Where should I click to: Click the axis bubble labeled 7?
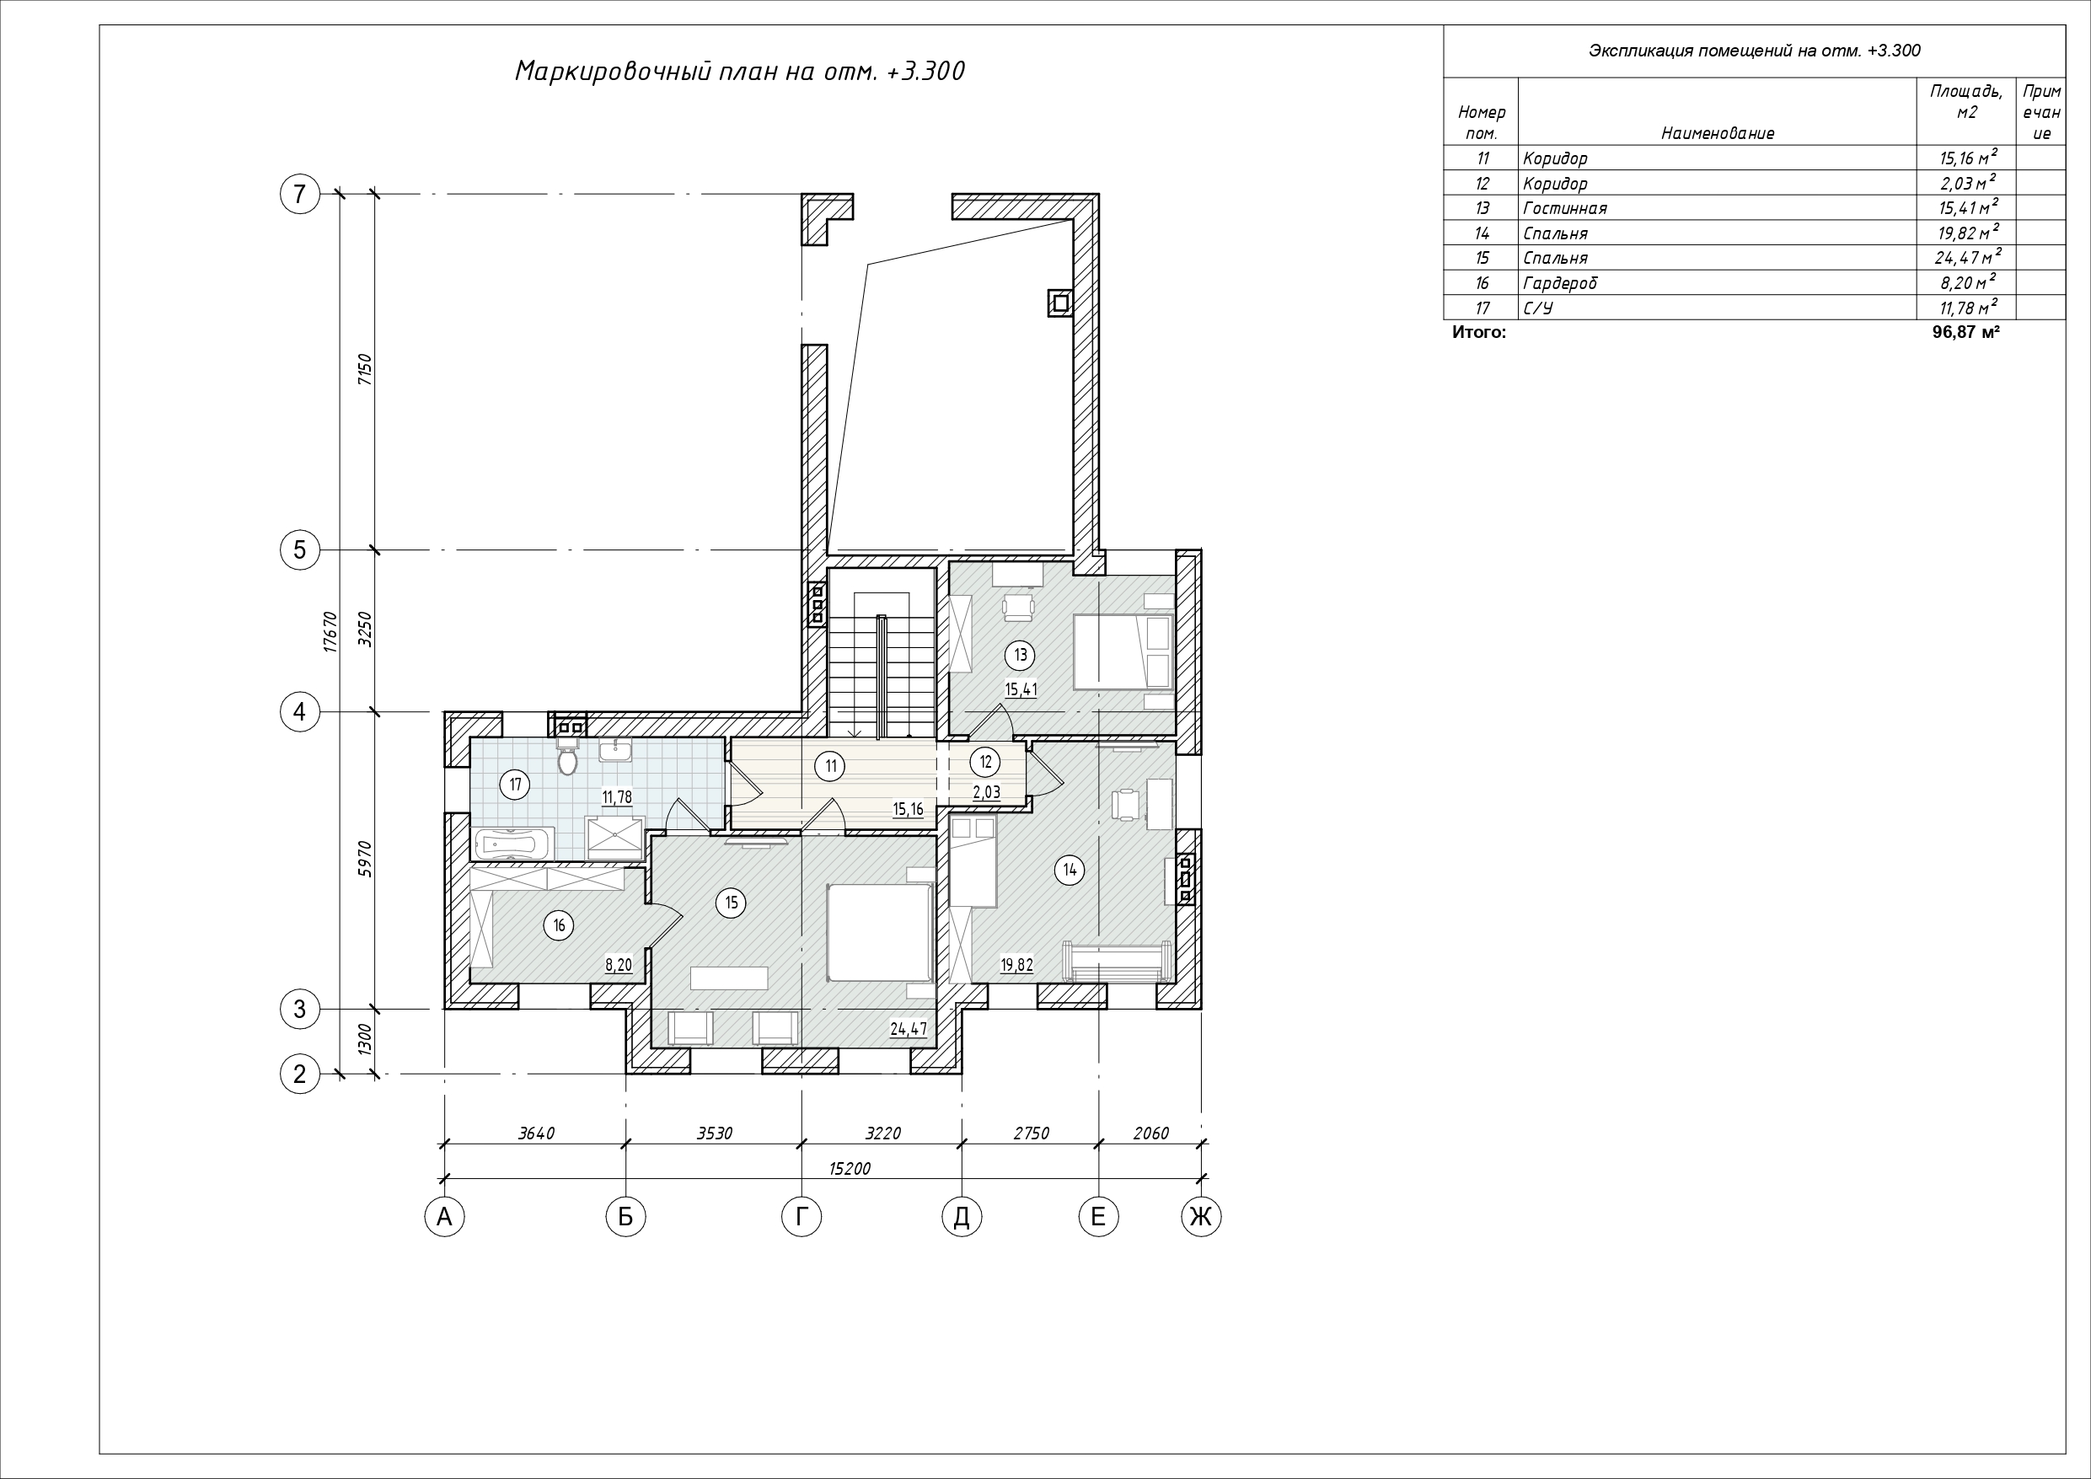coord(300,194)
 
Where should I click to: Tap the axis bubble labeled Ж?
coord(1201,1217)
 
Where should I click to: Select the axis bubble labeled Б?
coord(625,1217)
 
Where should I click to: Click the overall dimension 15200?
coord(850,1168)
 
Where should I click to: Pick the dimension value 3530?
coord(714,1133)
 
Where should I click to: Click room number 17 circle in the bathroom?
coord(516,784)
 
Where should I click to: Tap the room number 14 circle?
coord(1070,870)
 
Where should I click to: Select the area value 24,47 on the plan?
coord(908,1029)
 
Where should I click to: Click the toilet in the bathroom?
coord(568,757)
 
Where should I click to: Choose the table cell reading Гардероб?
coord(1560,283)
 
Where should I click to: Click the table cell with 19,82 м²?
coord(1968,233)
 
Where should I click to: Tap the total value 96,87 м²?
coord(1966,332)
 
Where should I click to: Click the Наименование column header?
coord(1718,133)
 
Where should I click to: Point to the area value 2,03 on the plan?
coord(986,792)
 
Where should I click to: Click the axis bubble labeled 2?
coord(300,1074)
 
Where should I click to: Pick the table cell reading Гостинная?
coord(1564,208)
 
